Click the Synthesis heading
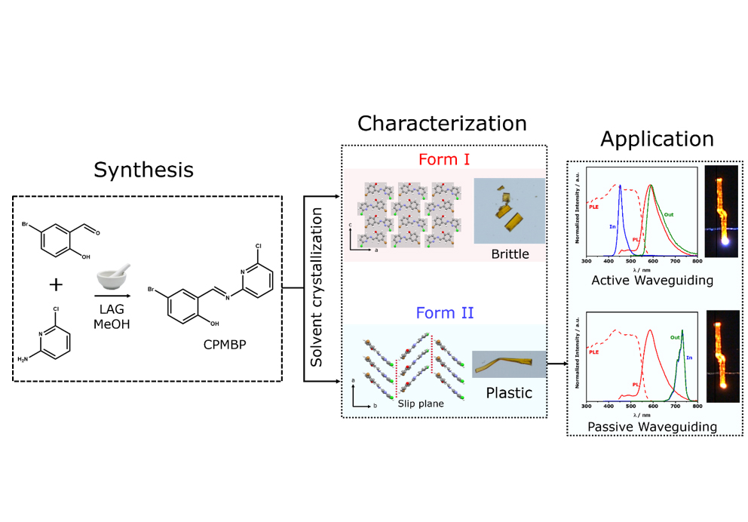(x=143, y=170)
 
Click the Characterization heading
(x=442, y=124)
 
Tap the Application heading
(x=657, y=140)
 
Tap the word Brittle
(x=510, y=254)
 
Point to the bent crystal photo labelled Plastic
(x=508, y=364)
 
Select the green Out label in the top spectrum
(x=668, y=214)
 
